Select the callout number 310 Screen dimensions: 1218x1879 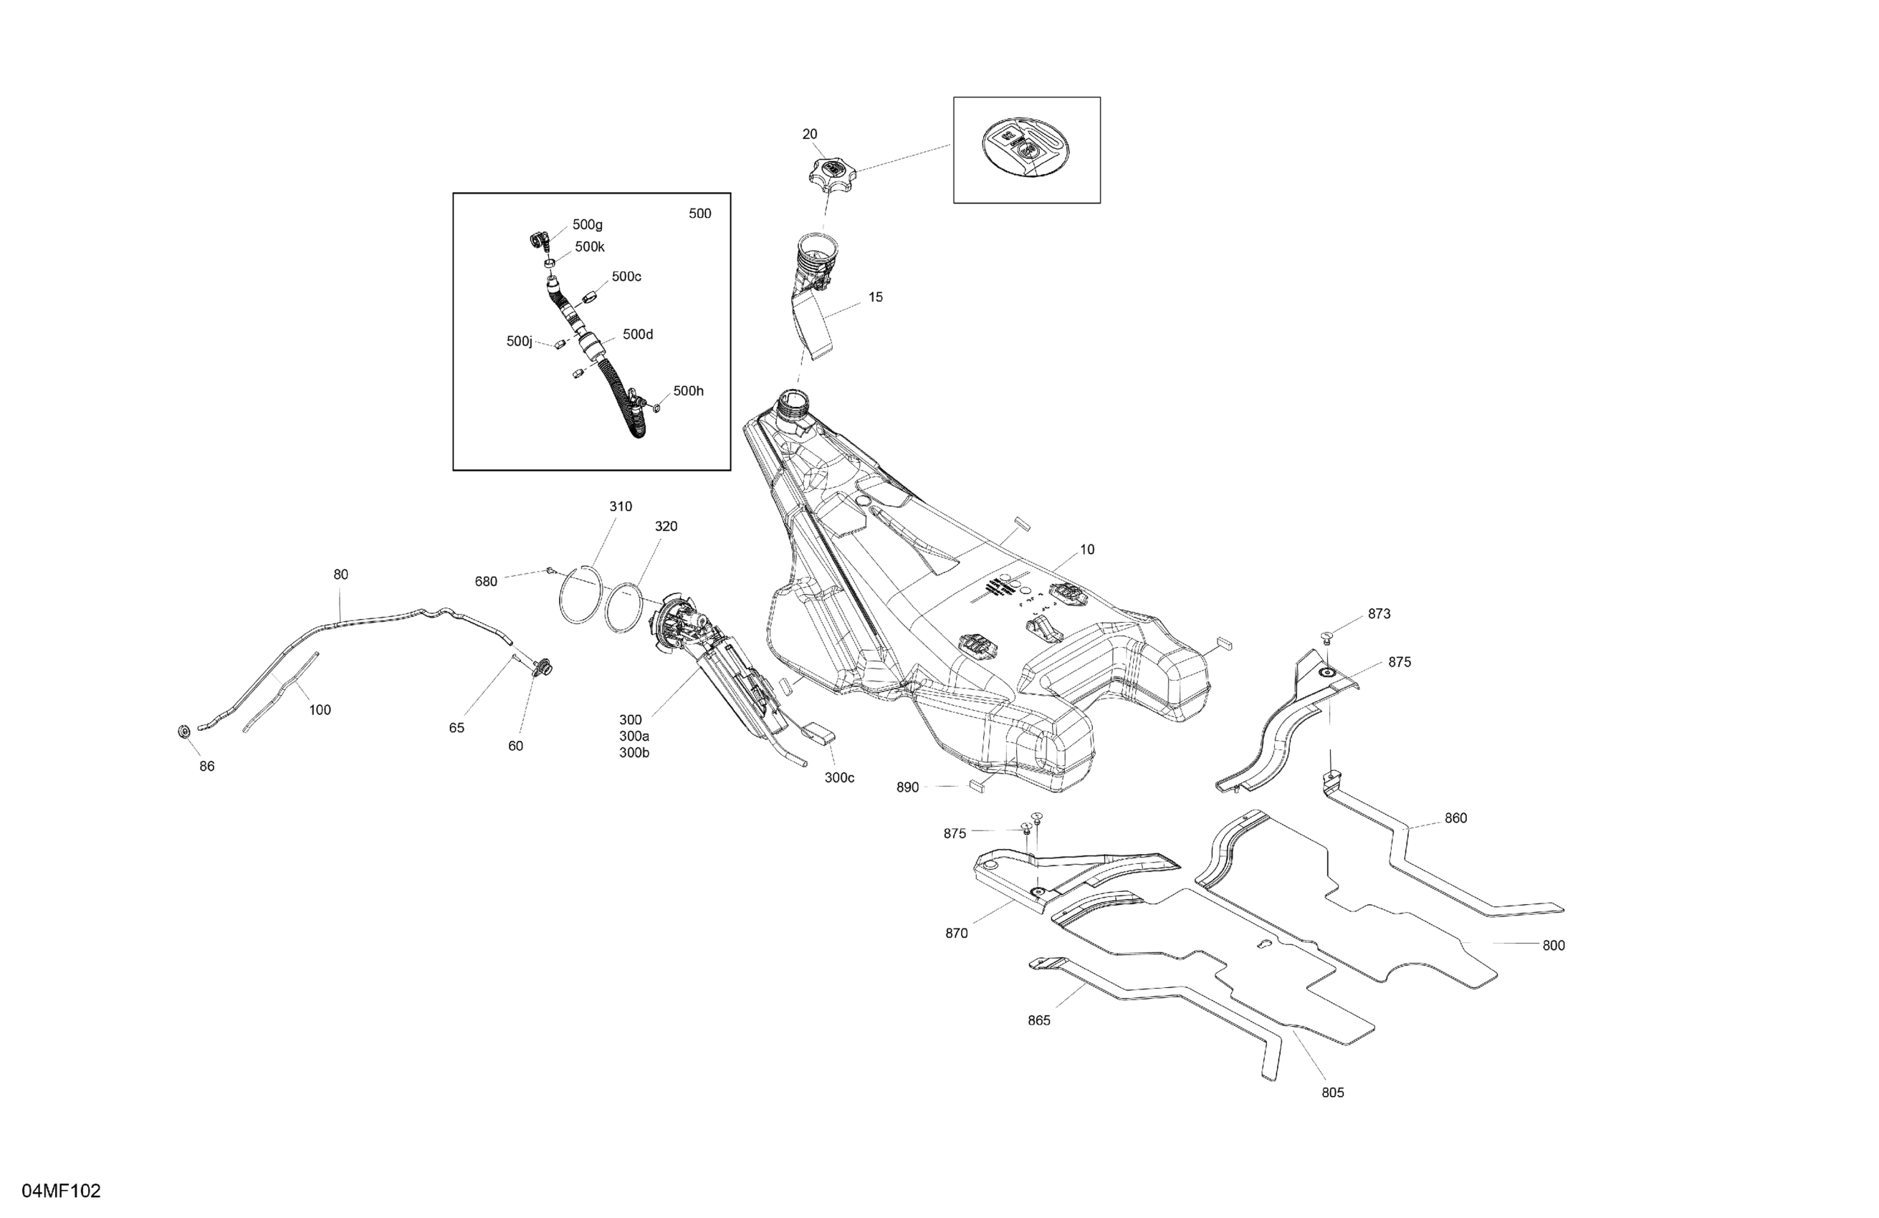(621, 507)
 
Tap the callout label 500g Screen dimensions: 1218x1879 (588, 225)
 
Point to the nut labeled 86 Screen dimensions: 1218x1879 (184, 732)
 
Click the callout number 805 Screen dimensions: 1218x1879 (1333, 1093)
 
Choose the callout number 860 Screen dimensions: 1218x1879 (1455, 819)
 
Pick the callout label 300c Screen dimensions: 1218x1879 (839, 777)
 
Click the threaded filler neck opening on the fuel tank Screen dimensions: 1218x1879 (792, 405)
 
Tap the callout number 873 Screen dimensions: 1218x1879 (1380, 614)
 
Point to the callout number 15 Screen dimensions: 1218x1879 (876, 297)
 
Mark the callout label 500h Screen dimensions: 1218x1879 (688, 391)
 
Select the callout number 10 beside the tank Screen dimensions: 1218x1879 (1087, 550)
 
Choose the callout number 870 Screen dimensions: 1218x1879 (956, 934)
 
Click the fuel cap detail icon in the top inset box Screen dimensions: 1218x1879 (1025, 149)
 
